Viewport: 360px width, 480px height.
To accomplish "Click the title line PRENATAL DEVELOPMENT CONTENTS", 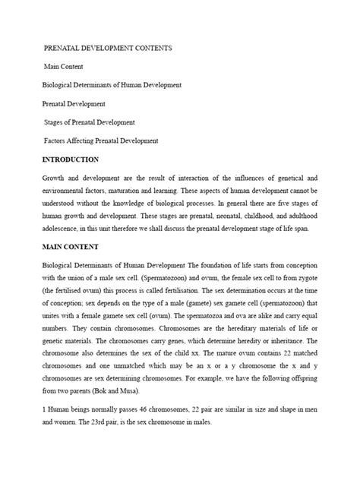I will pyautogui.click(x=108, y=48).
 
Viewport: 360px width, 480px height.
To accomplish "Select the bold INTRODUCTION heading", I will pyautogui.click(x=70, y=159).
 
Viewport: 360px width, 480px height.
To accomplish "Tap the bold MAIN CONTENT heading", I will pyautogui.click(x=71, y=248).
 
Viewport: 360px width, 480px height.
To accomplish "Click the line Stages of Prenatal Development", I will pyautogui.click(x=90, y=122).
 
